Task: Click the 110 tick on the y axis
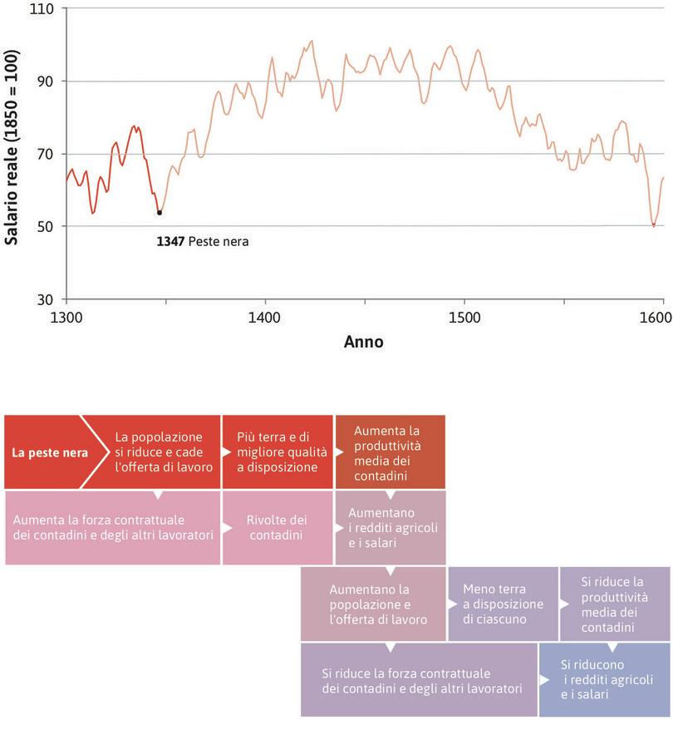41,9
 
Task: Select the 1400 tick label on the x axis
265,318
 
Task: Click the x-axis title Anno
364,342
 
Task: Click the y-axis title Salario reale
12,147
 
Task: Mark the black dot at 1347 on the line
160,213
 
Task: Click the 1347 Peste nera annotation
203,242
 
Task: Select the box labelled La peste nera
45,453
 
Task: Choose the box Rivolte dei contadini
277,527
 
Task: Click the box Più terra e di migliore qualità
277,452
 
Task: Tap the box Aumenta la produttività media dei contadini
390,452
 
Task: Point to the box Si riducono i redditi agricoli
604,679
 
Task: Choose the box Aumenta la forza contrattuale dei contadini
113,527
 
